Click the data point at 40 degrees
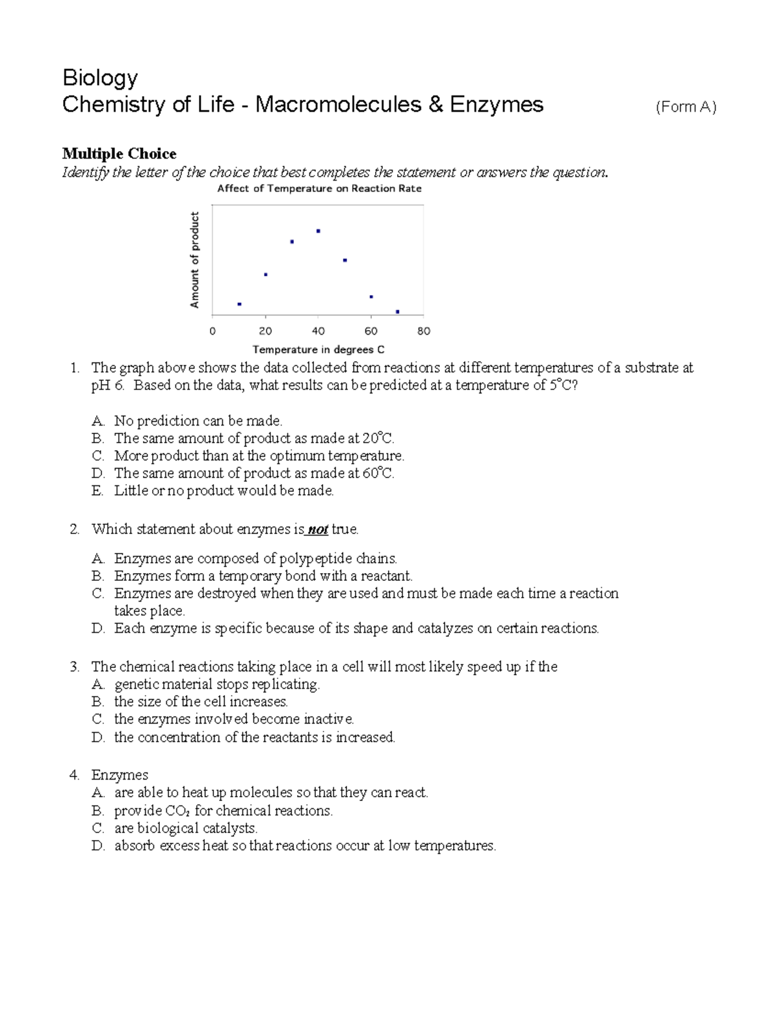[x=318, y=231]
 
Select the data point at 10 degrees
[x=239, y=304]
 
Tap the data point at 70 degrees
[x=397, y=312]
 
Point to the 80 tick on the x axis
[x=424, y=331]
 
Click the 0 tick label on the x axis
[x=213, y=331]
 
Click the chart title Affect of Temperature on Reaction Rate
[x=319, y=188]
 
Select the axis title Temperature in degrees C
[x=318, y=350]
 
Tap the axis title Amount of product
[x=194, y=260]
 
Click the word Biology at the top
[x=100, y=78]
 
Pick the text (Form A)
[x=686, y=107]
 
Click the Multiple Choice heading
[x=119, y=154]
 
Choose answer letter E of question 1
[x=97, y=491]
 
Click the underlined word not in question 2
[x=317, y=530]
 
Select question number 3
[x=75, y=667]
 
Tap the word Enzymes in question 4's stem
[x=120, y=775]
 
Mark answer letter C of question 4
[x=98, y=828]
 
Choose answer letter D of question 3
[x=98, y=737]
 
